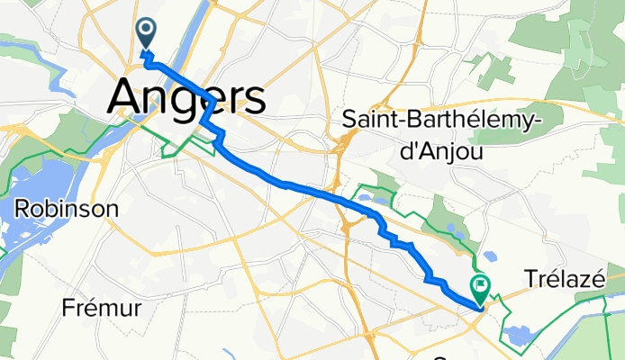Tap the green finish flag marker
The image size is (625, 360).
(480, 287)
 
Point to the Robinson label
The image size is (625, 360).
(67, 209)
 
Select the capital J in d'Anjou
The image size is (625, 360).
(435, 150)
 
